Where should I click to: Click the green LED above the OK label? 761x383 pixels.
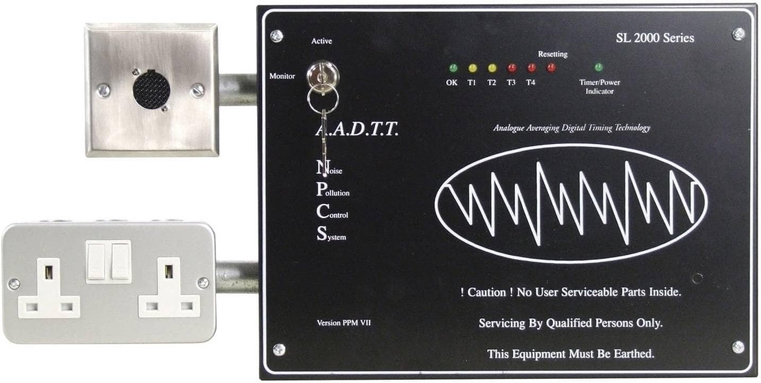point(452,68)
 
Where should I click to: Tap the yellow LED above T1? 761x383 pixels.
point(472,68)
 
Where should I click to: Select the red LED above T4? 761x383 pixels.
point(531,68)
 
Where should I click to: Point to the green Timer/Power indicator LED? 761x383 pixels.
point(598,67)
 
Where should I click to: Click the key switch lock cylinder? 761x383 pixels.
point(319,72)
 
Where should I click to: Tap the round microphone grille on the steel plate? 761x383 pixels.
point(151,89)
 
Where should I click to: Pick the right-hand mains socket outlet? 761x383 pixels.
point(169,290)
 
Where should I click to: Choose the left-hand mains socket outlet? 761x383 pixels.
point(49,290)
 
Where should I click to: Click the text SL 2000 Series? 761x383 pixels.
point(654,38)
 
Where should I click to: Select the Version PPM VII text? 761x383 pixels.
point(344,322)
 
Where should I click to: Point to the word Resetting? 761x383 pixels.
point(552,54)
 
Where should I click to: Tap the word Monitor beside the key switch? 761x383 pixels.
point(282,76)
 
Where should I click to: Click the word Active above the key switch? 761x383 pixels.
point(322,41)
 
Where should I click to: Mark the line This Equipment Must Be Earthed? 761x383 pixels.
point(570,353)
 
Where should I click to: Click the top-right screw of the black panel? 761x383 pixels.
point(738,34)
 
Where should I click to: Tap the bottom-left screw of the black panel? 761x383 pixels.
point(278,349)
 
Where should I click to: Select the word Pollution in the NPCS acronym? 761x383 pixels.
point(334,192)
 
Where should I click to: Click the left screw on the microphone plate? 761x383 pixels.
point(104,90)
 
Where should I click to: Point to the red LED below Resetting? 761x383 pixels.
point(551,67)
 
